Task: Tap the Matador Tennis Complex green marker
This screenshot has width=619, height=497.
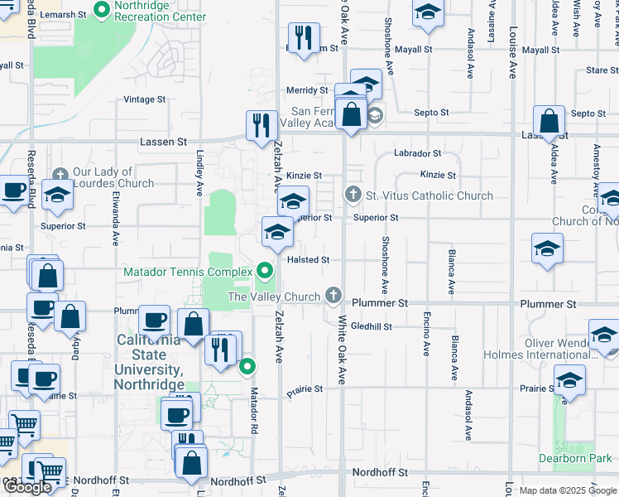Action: [x=265, y=271]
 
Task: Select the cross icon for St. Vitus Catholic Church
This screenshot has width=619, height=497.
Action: [x=353, y=195]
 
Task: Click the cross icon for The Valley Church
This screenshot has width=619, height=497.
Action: [x=333, y=295]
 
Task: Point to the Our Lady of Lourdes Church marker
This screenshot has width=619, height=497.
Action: [x=60, y=176]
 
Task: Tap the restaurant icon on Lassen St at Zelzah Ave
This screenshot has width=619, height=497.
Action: [x=262, y=125]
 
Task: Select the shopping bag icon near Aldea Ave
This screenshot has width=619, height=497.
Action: [x=549, y=121]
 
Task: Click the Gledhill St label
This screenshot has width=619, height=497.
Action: [x=371, y=326]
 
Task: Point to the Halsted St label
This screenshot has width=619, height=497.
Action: [x=309, y=260]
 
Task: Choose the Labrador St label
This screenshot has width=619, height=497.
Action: [x=418, y=153]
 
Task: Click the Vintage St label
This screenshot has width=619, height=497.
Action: [x=144, y=99]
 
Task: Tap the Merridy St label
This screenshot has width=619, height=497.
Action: [x=307, y=90]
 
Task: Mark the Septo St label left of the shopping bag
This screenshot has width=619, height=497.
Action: [x=431, y=113]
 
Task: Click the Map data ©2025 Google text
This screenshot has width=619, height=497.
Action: [x=568, y=490]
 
